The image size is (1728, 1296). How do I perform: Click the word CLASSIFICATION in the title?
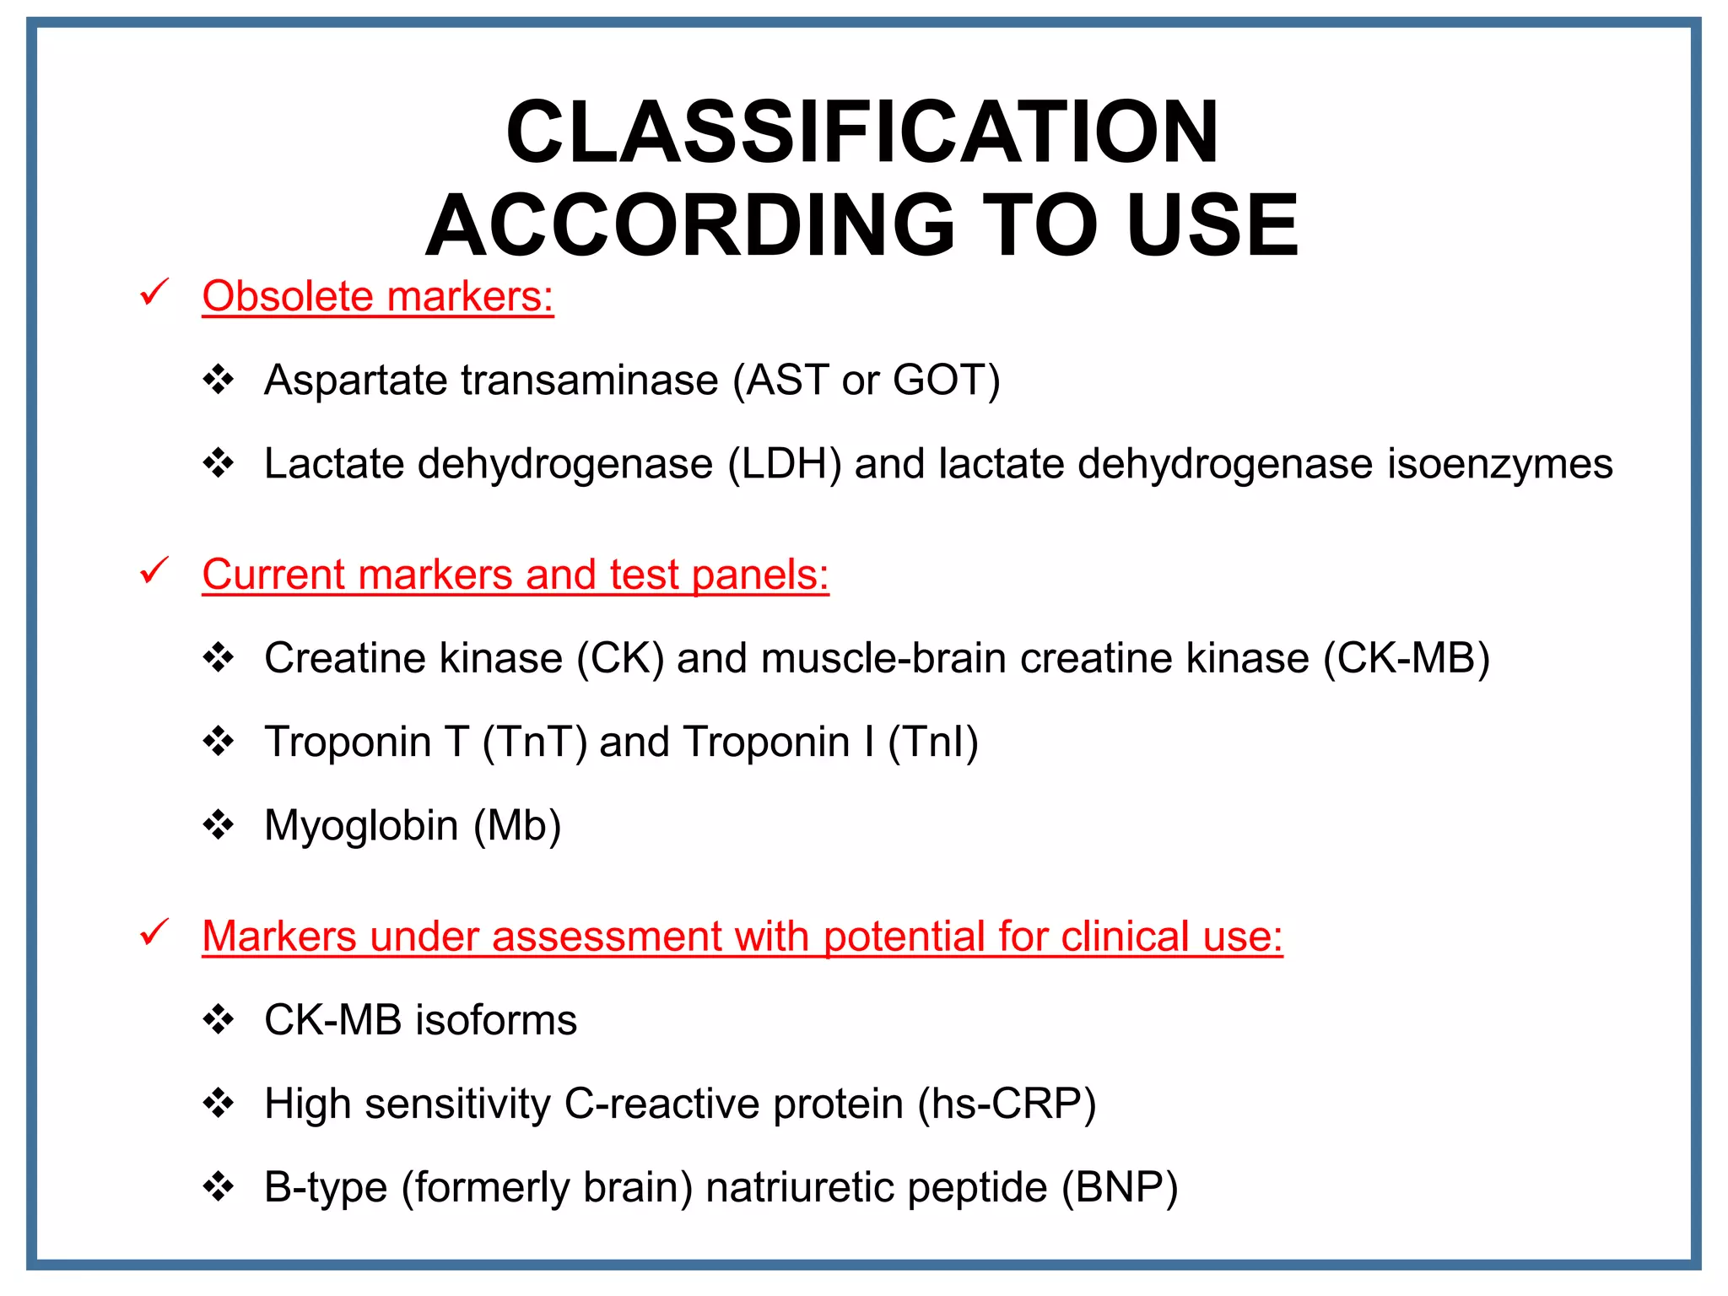point(862,132)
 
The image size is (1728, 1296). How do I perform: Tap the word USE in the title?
point(1212,225)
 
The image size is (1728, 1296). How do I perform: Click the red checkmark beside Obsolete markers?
point(154,292)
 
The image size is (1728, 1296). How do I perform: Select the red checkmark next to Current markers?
point(154,570)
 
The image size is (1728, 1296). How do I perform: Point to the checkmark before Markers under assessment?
point(154,932)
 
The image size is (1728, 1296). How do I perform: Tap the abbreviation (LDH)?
point(785,464)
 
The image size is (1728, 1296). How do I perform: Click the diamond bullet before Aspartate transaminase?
point(219,380)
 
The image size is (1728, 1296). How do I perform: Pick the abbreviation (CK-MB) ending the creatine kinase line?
point(1407,658)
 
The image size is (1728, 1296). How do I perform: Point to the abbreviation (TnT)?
point(534,742)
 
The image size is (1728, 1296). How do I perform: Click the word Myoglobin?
point(361,826)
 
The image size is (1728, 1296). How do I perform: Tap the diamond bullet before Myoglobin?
point(219,825)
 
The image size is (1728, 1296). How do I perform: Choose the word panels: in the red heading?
point(760,575)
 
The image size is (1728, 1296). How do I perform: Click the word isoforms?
point(496,1020)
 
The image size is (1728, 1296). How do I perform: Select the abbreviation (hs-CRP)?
point(1007,1104)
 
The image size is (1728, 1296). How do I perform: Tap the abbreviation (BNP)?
point(1120,1187)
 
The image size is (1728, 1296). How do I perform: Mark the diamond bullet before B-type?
point(219,1186)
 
